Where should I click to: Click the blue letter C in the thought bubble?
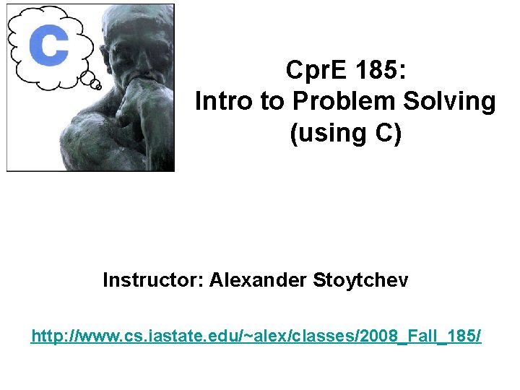[48, 45]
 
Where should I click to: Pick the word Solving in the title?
[456, 102]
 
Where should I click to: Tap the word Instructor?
[152, 279]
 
